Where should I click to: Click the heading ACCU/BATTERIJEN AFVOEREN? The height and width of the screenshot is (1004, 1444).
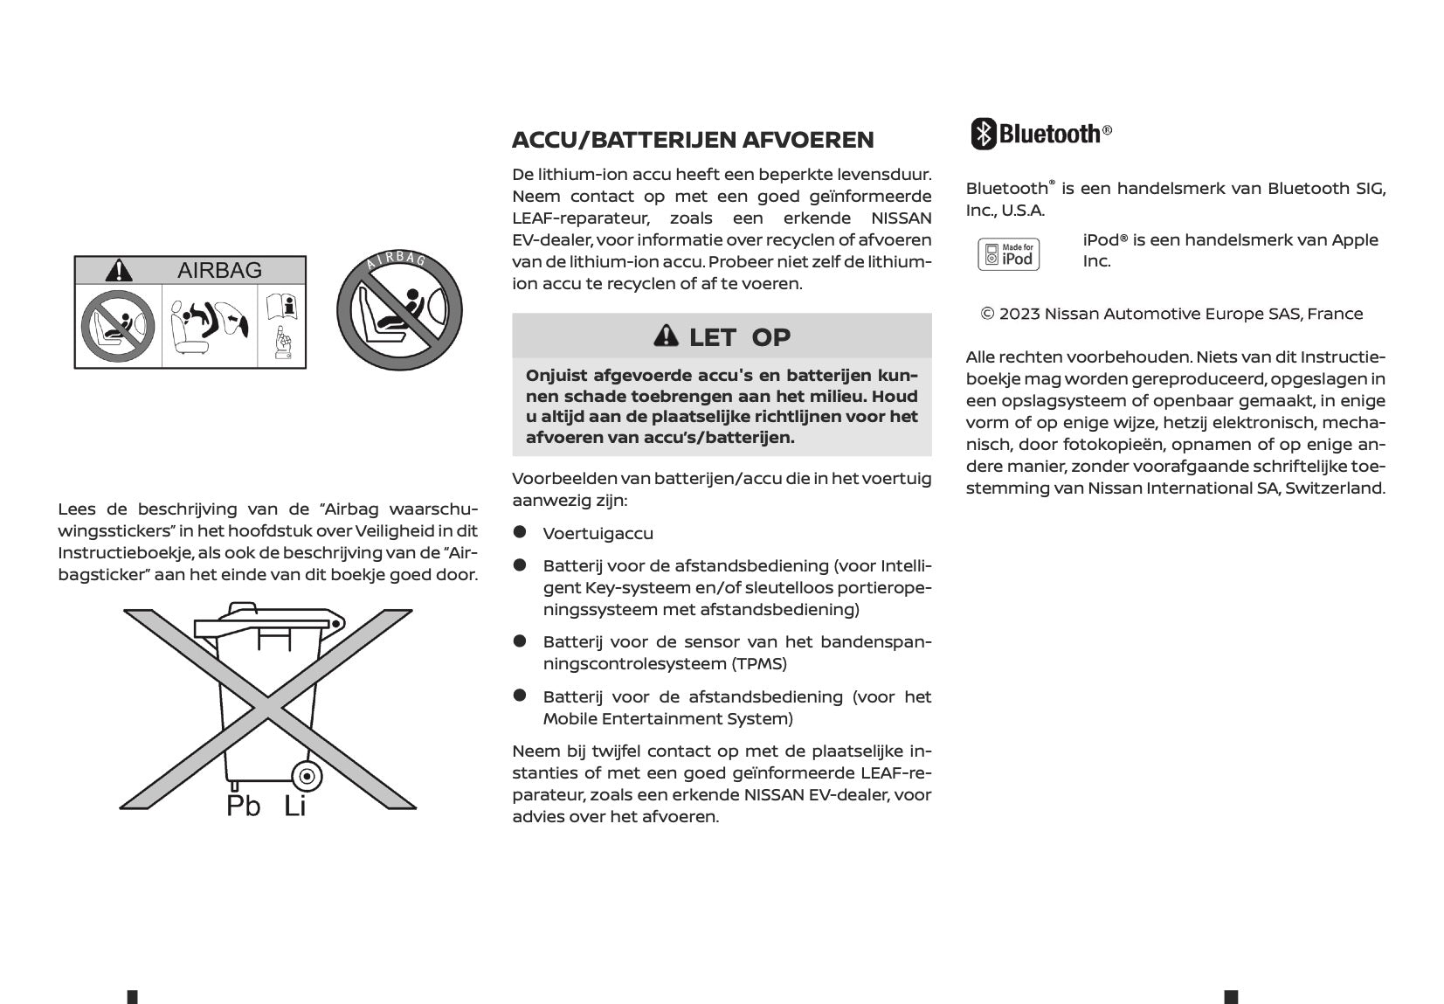tap(692, 140)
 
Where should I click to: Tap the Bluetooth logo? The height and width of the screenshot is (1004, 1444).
tap(1041, 134)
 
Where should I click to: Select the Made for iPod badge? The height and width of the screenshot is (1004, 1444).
tap(1008, 254)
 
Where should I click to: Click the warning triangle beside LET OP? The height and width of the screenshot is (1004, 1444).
tap(666, 336)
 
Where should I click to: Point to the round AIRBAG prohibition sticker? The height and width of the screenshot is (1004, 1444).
tap(399, 310)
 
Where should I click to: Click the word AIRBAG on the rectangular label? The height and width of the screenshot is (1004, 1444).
tap(219, 270)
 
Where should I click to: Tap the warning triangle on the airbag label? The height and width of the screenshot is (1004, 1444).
tap(119, 270)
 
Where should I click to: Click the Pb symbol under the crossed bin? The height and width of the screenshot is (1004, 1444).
tap(243, 806)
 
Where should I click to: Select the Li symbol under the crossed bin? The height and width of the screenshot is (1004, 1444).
tap(295, 806)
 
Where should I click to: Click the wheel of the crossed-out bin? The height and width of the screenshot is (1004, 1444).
tap(306, 775)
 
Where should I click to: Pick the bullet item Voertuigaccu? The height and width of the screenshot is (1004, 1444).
tap(598, 533)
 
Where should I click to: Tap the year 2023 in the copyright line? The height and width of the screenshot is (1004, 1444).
tap(1019, 314)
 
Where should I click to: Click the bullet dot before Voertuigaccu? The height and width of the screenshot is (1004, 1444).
tap(520, 531)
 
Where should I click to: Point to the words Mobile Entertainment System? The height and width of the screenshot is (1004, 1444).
tap(667, 718)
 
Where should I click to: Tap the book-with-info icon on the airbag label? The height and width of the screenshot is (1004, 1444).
tap(282, 307)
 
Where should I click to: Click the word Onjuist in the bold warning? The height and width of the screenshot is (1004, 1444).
tap(556, 376)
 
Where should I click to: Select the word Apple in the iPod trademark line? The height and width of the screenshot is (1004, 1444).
tap(1354, 239)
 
